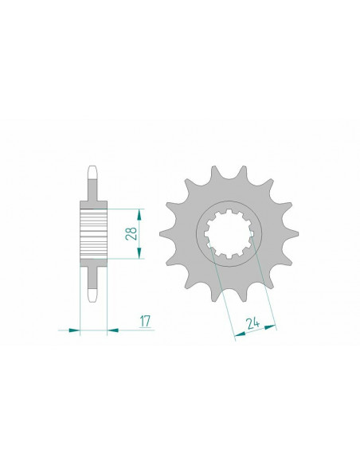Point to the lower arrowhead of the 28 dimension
(139, 255)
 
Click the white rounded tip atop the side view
(93, 171)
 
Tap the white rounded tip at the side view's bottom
(93, 295)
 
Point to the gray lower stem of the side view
(93, 275)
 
